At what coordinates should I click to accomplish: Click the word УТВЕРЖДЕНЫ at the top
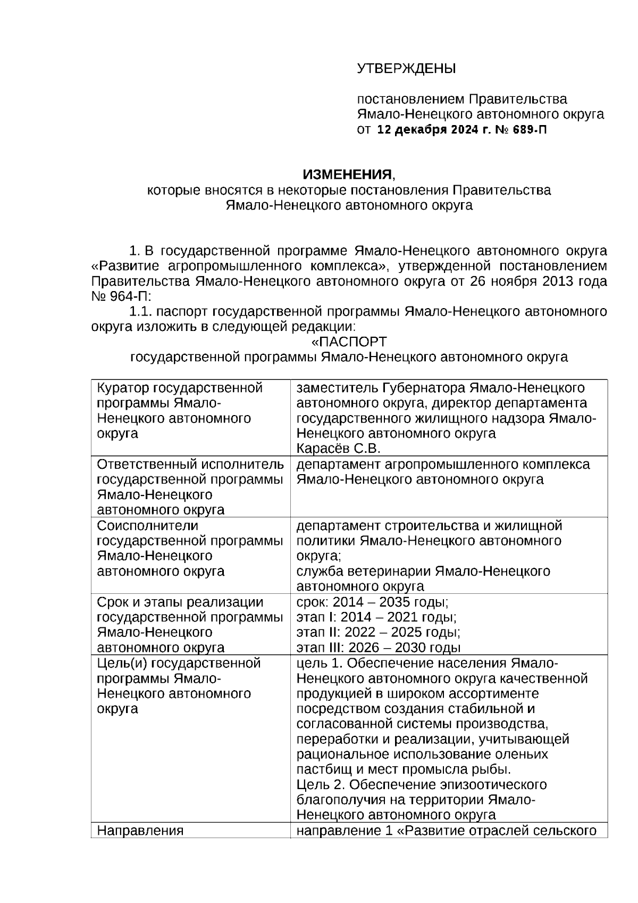406,69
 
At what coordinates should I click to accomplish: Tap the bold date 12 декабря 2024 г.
435,130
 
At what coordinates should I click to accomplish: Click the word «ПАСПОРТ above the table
349,342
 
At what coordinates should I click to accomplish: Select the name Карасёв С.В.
338,448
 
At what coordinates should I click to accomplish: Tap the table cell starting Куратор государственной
180,410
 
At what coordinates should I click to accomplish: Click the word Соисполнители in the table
147,526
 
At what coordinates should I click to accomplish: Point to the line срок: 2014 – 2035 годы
372,602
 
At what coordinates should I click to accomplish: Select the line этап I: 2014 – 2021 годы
376,617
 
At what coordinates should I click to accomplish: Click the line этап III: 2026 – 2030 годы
378,648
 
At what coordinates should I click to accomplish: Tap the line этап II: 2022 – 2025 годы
378,633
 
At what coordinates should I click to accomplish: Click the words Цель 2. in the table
321,785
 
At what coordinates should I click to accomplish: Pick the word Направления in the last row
140,831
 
